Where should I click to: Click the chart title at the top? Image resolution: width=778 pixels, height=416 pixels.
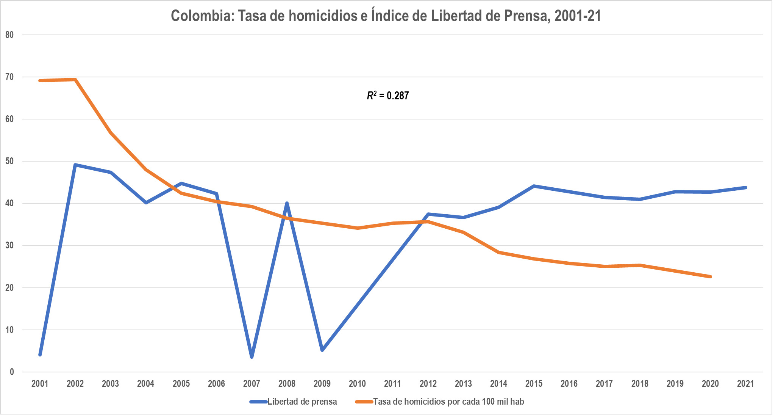(x=386, y=16)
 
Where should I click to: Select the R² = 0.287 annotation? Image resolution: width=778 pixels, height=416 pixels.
(x=388, y=96)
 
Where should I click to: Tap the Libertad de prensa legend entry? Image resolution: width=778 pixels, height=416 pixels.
(x=294, y=402)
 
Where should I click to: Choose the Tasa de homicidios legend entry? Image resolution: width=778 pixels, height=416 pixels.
(x=440, y=402)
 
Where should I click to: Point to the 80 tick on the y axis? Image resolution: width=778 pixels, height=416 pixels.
(x=9, y=35)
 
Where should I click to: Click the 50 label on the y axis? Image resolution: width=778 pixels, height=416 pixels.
(x=9, y=161)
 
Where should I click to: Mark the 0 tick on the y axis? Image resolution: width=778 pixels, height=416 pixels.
(x=12, y=372)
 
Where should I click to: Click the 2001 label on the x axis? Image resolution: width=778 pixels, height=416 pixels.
(x=40, y=384)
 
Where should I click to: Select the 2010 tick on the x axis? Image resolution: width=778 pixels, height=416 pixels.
(x=357, y=384)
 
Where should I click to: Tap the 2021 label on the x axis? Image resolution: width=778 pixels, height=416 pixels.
(x=745, y=384)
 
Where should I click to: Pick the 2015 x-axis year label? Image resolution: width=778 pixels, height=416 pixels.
(x=534, y=384)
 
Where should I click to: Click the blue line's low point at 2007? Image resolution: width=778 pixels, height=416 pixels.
(x=252, y=356)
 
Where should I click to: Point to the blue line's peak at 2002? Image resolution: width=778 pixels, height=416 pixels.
(x=75, y=165)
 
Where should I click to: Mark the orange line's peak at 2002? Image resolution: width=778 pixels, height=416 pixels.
(x=75, y=80)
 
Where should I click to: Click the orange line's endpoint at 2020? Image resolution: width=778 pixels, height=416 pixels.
(x=710, y=276)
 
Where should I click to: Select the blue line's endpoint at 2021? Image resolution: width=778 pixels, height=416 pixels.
(x=745, y=188)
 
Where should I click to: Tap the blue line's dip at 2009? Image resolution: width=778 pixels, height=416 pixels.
(x=322, y=350)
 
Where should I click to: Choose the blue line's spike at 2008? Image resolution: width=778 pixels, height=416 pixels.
(x=287, y=204)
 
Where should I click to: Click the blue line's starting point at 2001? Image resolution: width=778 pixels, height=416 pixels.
(x=40, y=355)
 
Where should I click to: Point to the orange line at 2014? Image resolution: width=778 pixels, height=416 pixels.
(x=498, y=252)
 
